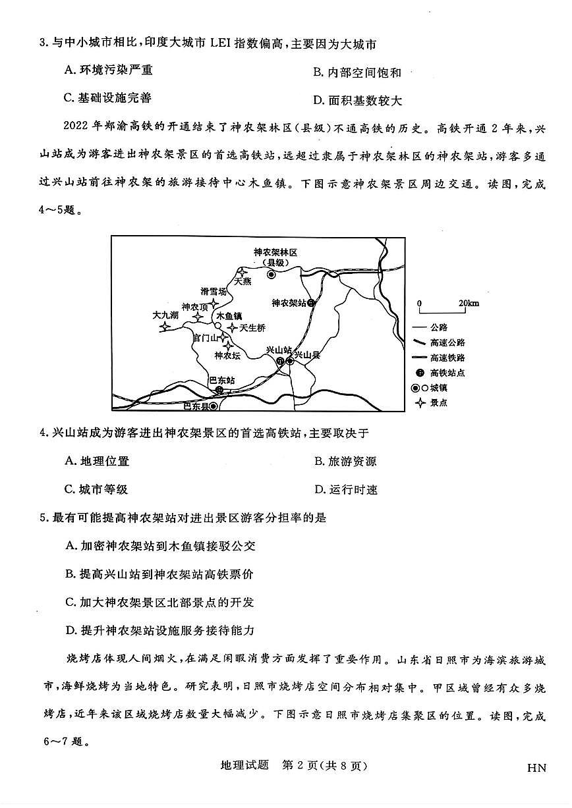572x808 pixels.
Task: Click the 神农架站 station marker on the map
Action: click(311, 303)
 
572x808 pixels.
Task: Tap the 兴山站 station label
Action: click(278, 350)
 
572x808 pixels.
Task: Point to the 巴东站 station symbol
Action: click(219, 390)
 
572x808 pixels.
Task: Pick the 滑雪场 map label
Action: click(214, 291)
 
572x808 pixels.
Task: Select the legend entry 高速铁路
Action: click(448, 358)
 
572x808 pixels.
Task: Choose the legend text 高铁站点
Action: click(448, 373)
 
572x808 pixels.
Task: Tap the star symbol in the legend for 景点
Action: click(420, 402)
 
